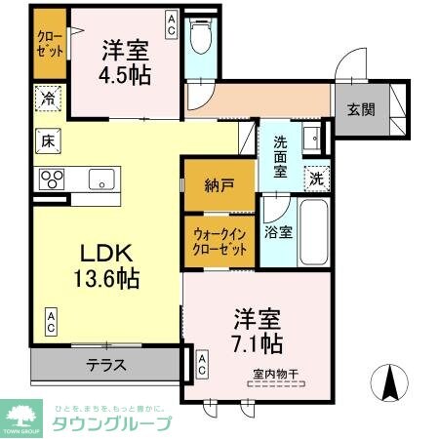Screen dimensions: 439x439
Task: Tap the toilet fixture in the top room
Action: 201,36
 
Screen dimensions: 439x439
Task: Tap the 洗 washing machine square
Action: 316,178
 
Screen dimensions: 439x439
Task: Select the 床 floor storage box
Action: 46,140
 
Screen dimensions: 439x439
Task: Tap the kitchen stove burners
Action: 51,180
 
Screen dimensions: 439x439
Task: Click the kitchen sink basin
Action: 100,179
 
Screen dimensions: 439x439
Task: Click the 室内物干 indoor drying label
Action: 276,374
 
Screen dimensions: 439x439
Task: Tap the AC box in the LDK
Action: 50,322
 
